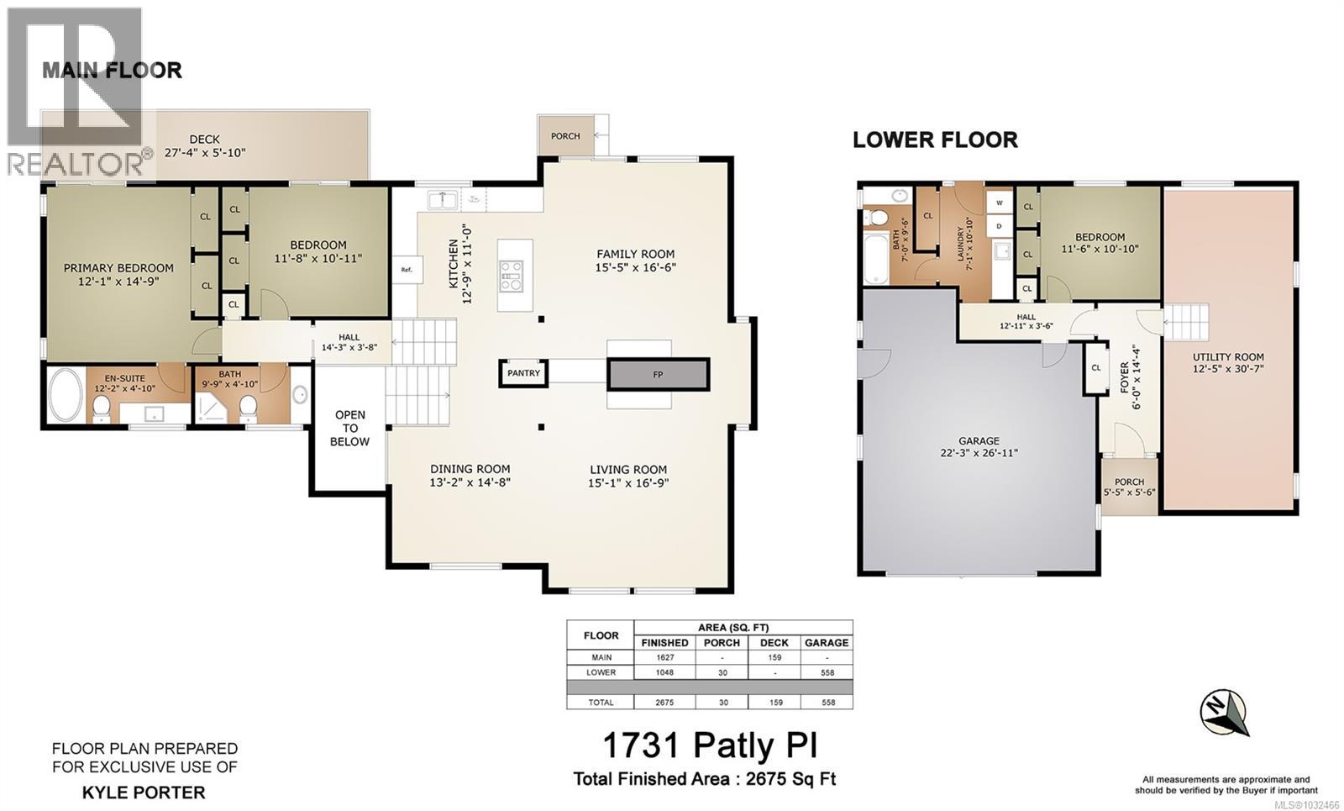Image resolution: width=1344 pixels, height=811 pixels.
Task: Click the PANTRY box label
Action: tap(523, 373)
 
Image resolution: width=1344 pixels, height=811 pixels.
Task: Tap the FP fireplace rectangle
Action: tap(658, 374)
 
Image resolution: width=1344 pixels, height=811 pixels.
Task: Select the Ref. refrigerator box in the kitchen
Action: tap(407, 270)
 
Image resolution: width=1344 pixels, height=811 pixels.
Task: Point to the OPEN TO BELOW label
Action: tap(349, 428)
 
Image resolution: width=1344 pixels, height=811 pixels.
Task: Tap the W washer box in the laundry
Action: tap(1000, 203)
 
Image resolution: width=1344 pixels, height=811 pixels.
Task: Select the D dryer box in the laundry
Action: tap(1000, 225)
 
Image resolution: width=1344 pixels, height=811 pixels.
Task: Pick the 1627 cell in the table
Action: tap(664, 657)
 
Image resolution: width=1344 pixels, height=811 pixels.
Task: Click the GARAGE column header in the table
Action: tap(827, 642)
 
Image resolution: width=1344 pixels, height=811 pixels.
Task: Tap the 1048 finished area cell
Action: tap(664, 672)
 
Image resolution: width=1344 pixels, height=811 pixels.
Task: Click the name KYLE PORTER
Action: tap(144, 792)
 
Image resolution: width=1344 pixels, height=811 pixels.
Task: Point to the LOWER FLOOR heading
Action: tap(934, 140)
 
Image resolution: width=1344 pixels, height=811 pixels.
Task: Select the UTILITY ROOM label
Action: tap(1228, 356)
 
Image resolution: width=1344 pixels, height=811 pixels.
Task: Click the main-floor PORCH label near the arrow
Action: tap(565, 136)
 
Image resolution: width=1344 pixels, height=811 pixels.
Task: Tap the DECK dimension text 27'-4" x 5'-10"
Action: tap(205, 153)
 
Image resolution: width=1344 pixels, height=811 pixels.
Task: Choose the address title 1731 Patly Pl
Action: tap(710, 745)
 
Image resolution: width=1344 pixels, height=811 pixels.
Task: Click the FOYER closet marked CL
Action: tap(1095, 367)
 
